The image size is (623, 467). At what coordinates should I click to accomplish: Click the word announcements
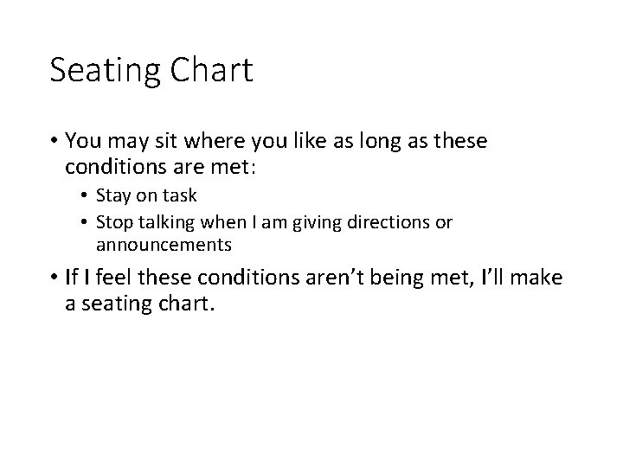click(164, 245)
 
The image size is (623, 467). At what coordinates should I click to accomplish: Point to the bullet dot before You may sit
click(55, 141)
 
